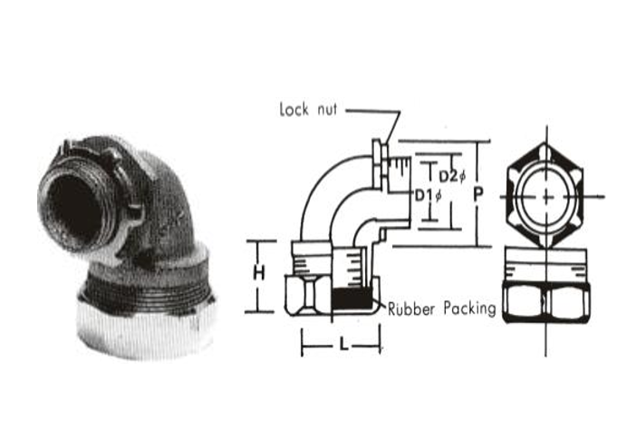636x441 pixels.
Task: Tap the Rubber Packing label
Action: click(x=441, y=309)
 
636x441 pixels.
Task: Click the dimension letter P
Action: click(x=478, y=194)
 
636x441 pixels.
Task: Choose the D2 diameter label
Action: click(x=449, y=174)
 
